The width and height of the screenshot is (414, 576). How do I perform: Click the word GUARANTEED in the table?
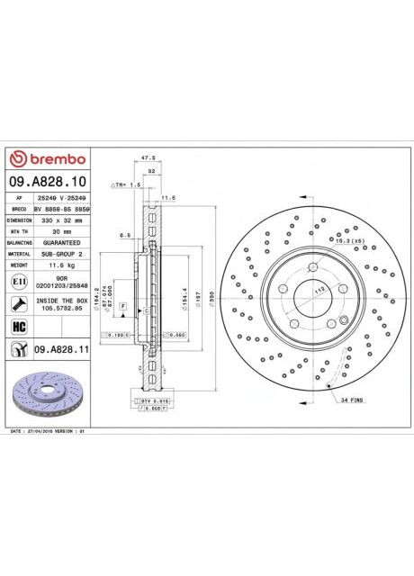pyautogui.click(x=62, y=243)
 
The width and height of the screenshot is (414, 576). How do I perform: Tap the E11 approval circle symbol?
pyautogui.click(x=18, y=282)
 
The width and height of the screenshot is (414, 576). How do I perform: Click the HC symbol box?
pyautogui.click(x=18, y=326)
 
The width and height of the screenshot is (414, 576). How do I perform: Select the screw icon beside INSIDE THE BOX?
pyautogui.click(x=18, y=303)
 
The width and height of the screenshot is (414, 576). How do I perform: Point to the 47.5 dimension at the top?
pyautogui.click(x=149, y=157)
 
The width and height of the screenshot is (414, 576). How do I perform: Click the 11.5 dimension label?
pyautogui.click(x=167, y=197)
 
